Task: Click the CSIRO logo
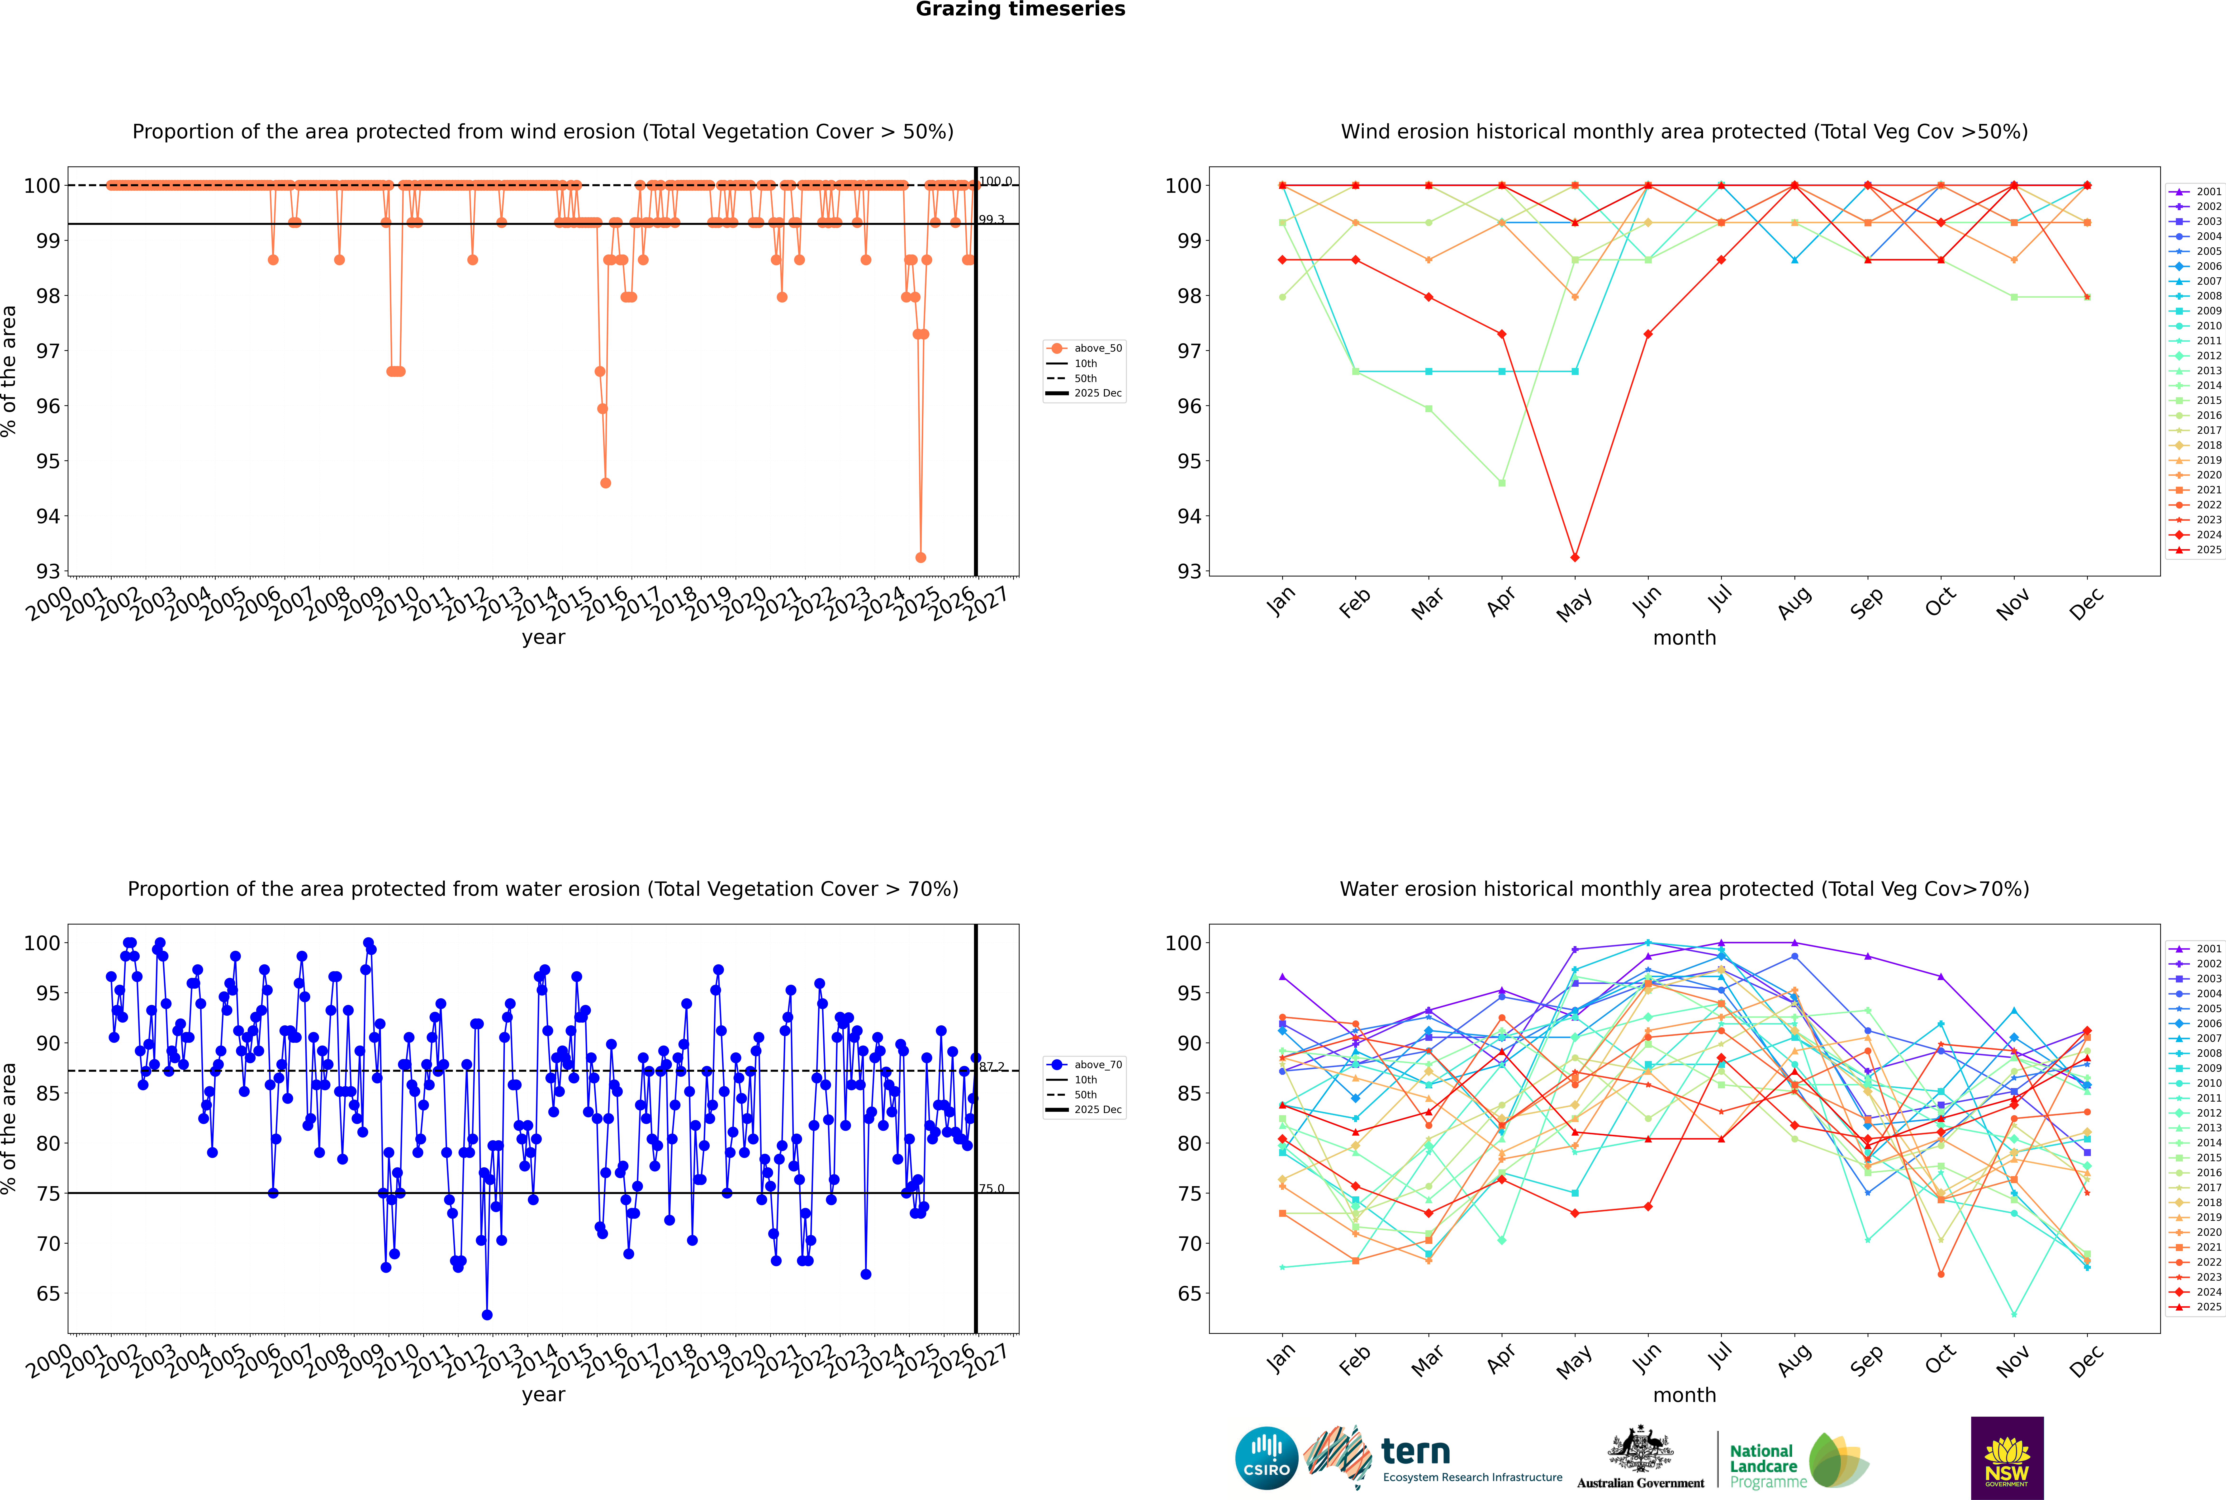pyautogui.click(x=1266, y=1458)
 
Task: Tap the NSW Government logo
pyautogui.click(x=2007, y=1457)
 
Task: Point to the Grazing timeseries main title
pyautogui.click(x=1020, y=9)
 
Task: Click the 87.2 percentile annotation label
pyautogui.click(x=992, y=1067)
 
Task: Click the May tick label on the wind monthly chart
pyautogui.click(x=1574, y=605)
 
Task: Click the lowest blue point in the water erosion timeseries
pyautogui.click(x=487, y=1315)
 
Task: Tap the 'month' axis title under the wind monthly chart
pyautogui.click(x=1684, y=638)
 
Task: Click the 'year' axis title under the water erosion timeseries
pyautogui.click(x=544, y=1395)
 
